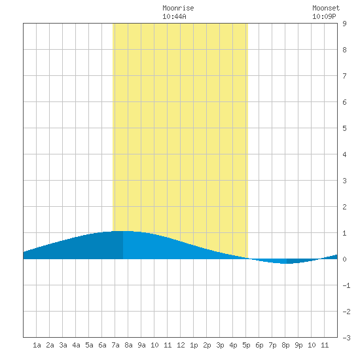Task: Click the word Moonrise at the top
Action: [178, 8]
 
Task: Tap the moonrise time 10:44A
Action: [174, 16]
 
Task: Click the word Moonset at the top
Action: [326, 8]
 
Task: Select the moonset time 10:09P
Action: [324, 16]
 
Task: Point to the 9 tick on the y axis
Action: [344, 24]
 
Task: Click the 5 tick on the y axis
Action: [344, 128]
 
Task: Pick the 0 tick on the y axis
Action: [344, 259]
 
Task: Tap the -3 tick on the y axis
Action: [346, 338]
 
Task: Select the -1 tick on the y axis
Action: [346, 285]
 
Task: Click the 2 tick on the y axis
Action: [344, 207]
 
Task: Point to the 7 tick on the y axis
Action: [344, 76]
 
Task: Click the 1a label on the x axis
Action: [37, 345]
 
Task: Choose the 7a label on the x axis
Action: [115, 345]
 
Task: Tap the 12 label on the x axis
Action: [181, 345]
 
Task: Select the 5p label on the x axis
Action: [246, 345]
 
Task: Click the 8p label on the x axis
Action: [285, 345]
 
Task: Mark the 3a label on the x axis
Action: [63, 345]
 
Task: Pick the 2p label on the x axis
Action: [207, 345]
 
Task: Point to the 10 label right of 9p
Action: [312, 345]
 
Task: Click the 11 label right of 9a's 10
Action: [168, 345]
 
